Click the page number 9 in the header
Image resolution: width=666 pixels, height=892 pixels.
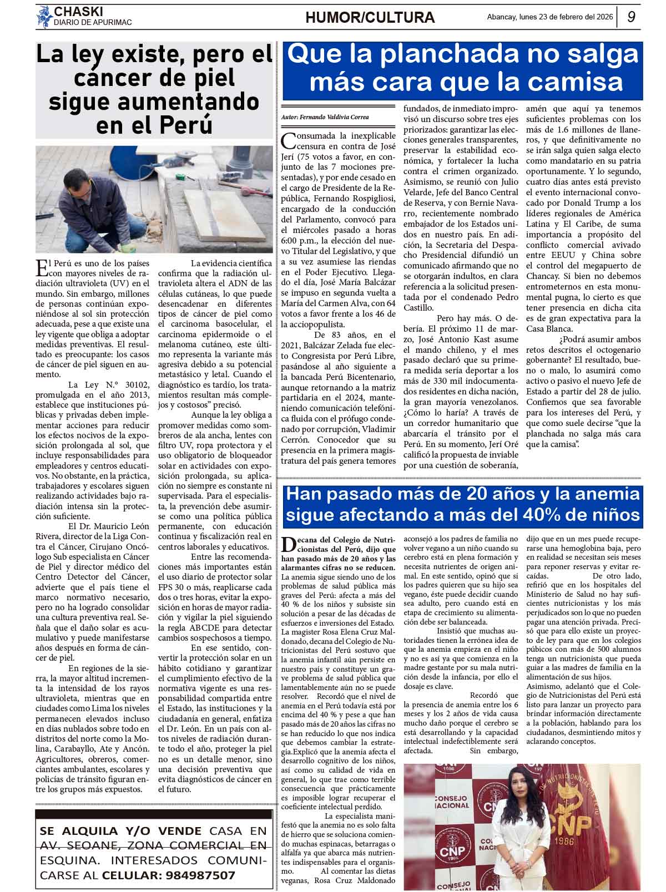pyautogui.click(x=631, y=17)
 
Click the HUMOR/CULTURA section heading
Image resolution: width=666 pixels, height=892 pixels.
pyautogui.click(x=370, y=18)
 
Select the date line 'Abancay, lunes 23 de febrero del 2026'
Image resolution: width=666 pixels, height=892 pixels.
pyautogui.click(x=549, y=17)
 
